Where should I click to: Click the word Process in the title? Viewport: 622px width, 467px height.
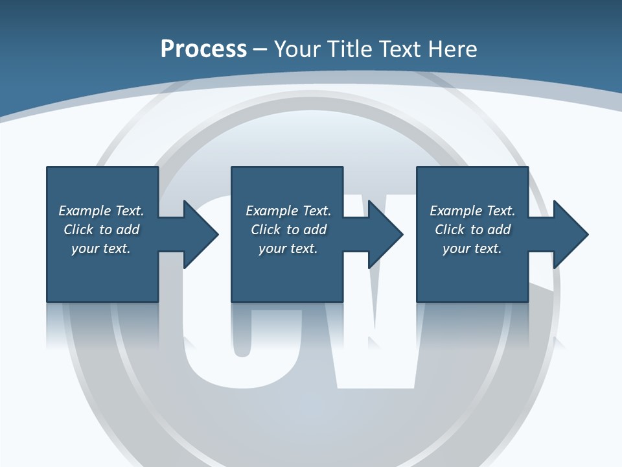click(203, 49)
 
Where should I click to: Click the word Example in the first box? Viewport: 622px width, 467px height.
click(84, 211)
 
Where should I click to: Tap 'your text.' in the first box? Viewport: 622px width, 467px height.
click(101, 248)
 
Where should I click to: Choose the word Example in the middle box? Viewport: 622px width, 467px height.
click(271, 211)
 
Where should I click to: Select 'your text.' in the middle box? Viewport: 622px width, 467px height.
click(288, 248)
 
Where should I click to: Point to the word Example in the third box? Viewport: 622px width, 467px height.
click(455, 211)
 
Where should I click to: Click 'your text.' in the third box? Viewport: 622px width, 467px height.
click(472, 248)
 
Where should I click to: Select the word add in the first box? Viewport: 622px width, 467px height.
click(127, 230)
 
